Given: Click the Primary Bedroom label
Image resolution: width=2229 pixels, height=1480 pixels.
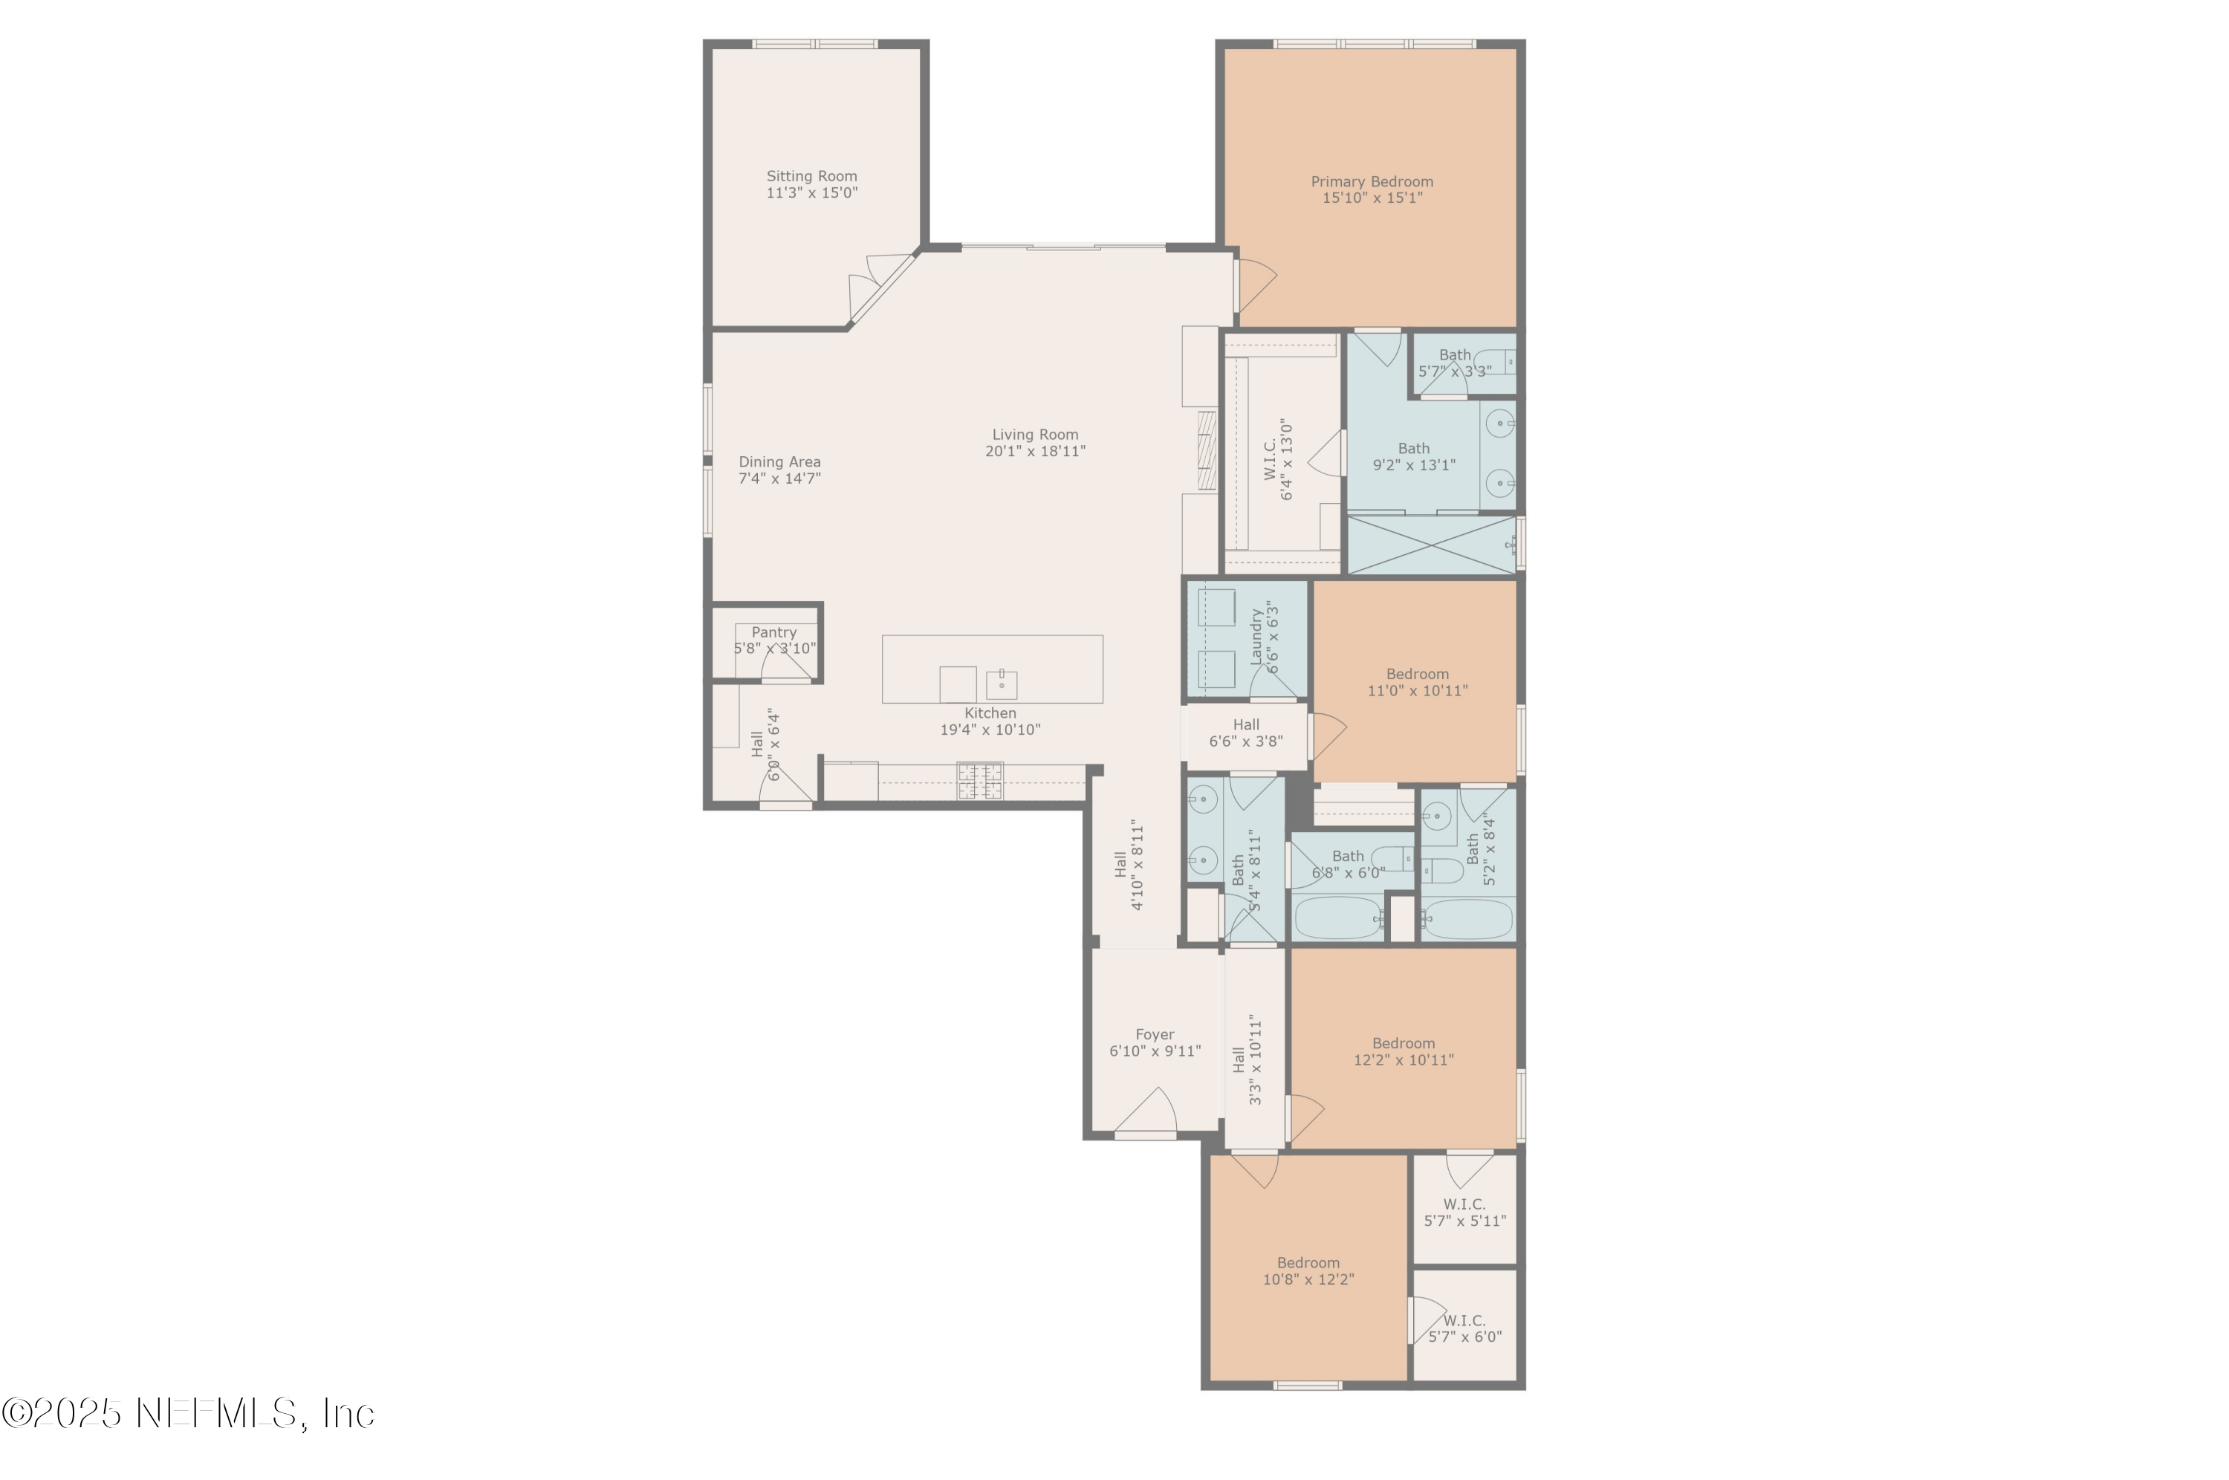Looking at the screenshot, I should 1371,181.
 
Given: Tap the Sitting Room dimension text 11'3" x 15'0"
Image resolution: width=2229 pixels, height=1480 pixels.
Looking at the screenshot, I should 811,192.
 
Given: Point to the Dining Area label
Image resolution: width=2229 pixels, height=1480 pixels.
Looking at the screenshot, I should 779,461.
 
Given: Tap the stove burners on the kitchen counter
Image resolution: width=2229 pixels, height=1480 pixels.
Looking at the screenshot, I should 979,782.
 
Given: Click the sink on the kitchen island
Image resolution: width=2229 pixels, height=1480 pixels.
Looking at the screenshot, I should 1002,684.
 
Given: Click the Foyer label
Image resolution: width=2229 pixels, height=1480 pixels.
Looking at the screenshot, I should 1154,1034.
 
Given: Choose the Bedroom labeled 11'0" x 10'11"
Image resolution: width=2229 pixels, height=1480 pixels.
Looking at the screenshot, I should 1416,681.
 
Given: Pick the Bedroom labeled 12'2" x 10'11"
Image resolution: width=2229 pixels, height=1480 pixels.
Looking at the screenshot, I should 1404,1051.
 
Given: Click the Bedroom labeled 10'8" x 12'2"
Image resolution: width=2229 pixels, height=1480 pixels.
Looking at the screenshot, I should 1308,1270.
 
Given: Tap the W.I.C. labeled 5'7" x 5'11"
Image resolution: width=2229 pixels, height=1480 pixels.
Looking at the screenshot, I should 1464,1212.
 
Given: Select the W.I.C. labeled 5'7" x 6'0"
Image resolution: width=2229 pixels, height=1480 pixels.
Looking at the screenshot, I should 1464,1328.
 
